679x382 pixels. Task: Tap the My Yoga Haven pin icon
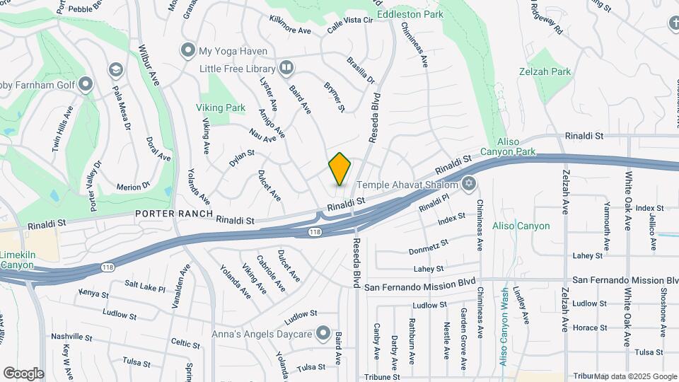tap(187, 50)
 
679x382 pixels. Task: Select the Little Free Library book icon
tap(286, 68)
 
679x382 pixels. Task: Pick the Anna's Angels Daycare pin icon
tap(323, 332)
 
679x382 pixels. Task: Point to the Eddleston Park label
tap(410, 13)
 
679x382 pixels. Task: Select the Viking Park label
tap(220, 108)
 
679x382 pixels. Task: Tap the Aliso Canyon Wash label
tap(504, 326)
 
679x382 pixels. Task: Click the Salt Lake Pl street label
tap(145, 288)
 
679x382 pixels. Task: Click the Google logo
tap(23, 374)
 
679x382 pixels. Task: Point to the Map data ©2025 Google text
tap(635, 376)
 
